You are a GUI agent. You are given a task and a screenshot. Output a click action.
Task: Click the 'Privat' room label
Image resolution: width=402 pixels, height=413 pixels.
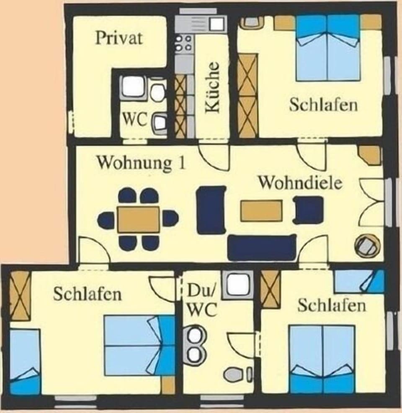tap(119, 38)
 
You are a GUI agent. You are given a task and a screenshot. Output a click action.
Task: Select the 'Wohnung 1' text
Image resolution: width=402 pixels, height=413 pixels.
tap(141, 163)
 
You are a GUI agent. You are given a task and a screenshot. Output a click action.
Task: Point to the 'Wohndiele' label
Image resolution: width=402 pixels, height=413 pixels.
tap(300, 183)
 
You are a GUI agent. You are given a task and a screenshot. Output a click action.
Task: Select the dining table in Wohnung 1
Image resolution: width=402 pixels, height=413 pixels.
tap(138, 219)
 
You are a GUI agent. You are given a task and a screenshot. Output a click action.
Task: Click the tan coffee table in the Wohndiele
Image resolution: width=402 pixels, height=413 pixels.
tap(261, 210)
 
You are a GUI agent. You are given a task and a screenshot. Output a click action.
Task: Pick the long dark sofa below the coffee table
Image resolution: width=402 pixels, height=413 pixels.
tap(262, 247)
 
